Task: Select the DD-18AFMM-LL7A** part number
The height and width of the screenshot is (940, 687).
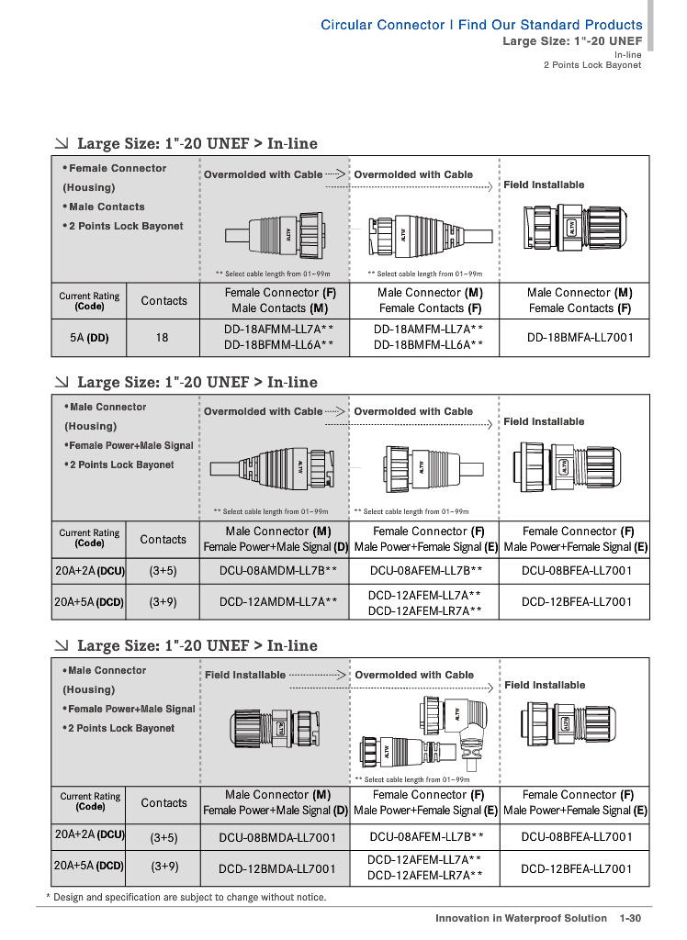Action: [273, 329]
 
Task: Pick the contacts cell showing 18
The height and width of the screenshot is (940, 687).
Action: [162, 337]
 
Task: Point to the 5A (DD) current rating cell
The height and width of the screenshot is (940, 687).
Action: [89, 337]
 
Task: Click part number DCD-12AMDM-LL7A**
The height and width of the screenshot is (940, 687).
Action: [277, 602]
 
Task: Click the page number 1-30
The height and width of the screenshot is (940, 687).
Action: [629, 918]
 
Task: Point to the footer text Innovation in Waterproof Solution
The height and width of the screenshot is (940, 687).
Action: [521, 918]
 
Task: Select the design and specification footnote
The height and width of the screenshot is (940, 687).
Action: [186, 897]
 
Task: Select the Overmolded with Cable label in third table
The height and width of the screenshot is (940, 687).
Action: [414, 675]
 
